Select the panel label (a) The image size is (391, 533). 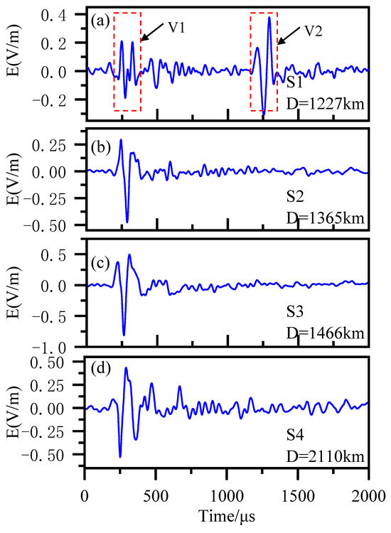[98, 20]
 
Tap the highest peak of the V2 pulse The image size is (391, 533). [269, 17]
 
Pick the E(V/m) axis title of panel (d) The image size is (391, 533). [18, 409]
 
